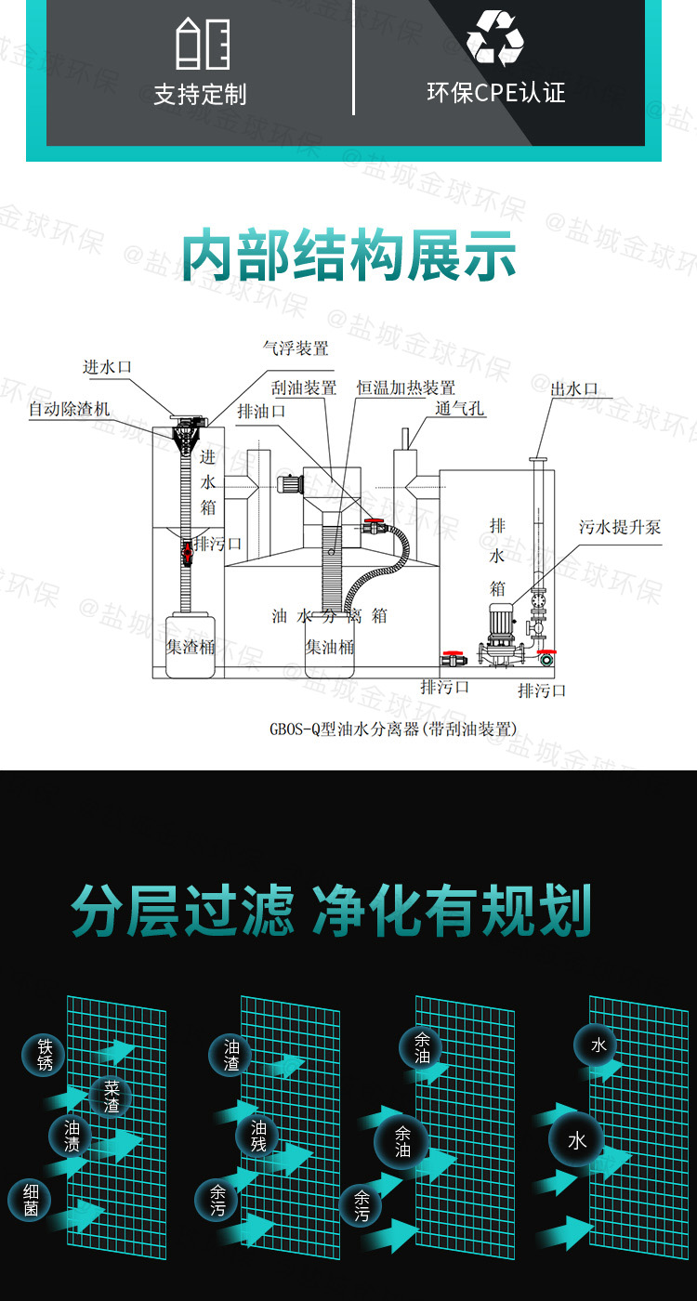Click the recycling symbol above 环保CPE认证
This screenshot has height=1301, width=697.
(x=495, y=40)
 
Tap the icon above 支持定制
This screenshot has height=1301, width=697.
(x=202, y=43)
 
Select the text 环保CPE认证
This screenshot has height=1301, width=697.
(x=495, y=93)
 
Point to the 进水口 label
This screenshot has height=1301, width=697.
(x=108, y=367)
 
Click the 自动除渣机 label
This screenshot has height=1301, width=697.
(x=69, y=409)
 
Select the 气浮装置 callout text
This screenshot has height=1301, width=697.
(x=296, y=349)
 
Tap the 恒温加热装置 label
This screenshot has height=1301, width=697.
(x=406, y=388)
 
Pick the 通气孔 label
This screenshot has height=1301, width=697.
(x=459, y=409)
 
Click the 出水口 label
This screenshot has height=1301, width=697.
(x=574, y=389)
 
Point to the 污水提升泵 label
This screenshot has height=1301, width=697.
(x=620, y=527)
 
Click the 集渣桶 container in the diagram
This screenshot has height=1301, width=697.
(x=191, y=645)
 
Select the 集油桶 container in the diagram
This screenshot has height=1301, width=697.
(x=330, y=645)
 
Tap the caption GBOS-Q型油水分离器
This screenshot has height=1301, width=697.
(x=392, y=729)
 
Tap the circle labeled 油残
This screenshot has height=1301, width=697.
(x=258, y=1136)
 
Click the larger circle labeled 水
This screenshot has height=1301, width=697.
(x=576, y=1140)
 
